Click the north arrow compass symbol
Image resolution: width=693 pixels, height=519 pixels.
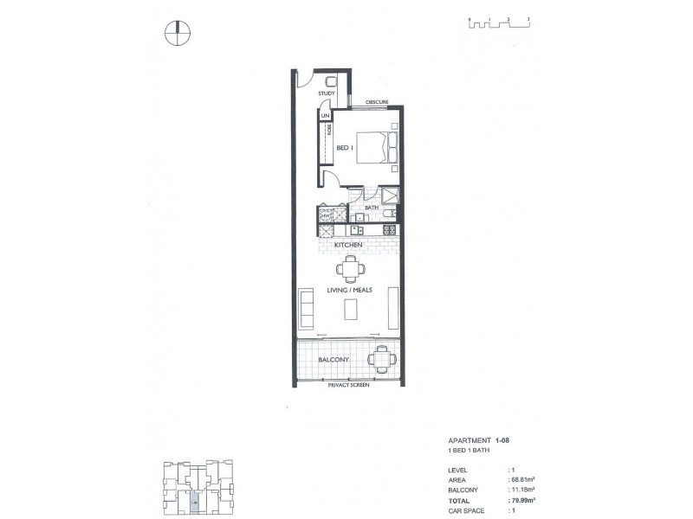(177, 33)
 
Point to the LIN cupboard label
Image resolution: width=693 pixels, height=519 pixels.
(326, 115)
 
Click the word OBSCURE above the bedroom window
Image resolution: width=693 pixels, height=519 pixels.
(377, 101)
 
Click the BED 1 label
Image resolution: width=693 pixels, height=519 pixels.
(345, 149)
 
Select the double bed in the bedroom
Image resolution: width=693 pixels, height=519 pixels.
(380, 146)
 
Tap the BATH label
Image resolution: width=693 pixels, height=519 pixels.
(372, 208)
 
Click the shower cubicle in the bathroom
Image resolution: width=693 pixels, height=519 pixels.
(390, 195)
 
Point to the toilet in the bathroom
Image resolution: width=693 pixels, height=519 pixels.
(392, 212)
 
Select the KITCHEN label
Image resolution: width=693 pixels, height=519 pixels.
(348, 245)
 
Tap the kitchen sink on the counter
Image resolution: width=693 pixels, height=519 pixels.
(357, 230)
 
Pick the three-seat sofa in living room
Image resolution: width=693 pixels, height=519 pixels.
(306, 306)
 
